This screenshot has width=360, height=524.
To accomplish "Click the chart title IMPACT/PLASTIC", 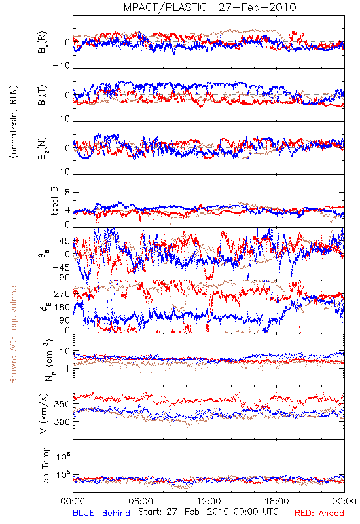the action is (x=164, y=7).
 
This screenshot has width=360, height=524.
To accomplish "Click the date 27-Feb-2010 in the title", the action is (x=257, y=7).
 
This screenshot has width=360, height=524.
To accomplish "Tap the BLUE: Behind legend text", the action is (x=101, y=513).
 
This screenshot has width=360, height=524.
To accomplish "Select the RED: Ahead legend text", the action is (x=319, y=513).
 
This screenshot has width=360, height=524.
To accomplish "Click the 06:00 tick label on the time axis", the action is (x=141, y=501).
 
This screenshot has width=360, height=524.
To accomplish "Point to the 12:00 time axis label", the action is (x=209, y=501).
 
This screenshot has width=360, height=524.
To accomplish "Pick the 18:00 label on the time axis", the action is (x=277, y=501).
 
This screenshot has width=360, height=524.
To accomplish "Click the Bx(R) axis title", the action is (x=43, y=43).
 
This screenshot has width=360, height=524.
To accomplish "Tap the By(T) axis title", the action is (x=43, y=95).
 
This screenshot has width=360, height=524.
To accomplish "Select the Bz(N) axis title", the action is (x=43, y=148).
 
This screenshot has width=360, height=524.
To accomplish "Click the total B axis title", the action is (x=54, y=201).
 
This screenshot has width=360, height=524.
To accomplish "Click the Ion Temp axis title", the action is (x=45, y=466).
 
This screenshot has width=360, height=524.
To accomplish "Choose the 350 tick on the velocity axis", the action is (x=62, y=404).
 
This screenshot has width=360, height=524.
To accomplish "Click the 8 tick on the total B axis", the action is (x=67, y=193).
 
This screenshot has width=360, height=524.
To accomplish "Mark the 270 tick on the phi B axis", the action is (x=62, y=294).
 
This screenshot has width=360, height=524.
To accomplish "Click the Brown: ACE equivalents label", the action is (x=13, y=333).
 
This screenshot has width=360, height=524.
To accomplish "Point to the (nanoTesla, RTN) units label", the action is (x=14, y=122).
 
